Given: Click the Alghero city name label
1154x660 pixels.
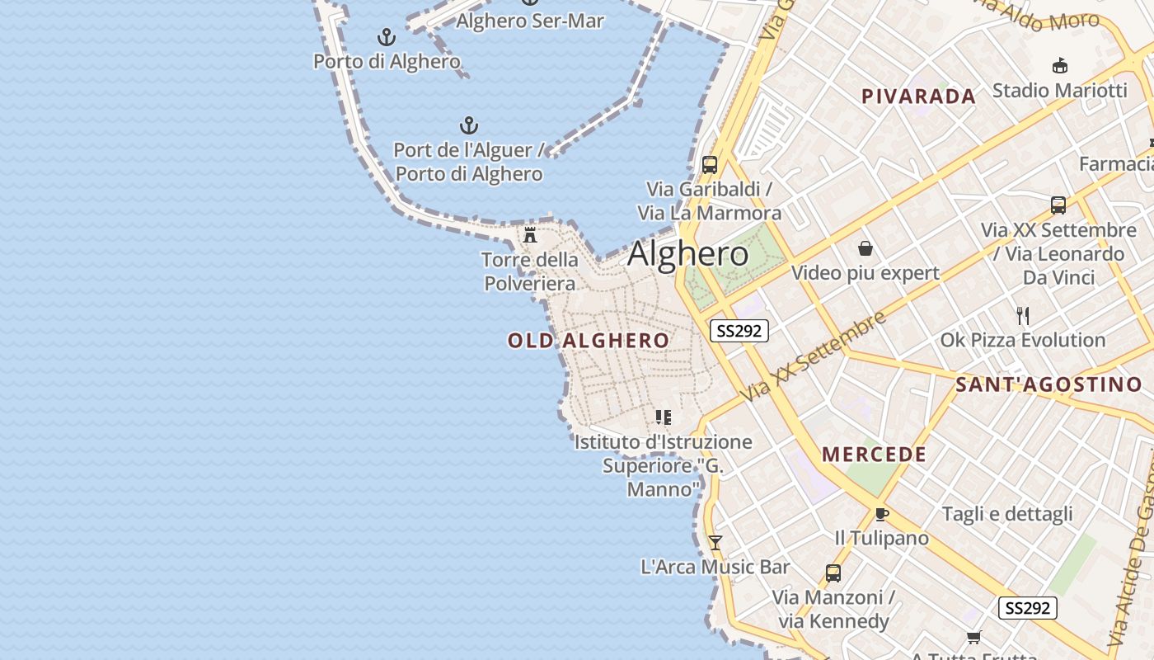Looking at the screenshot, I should point(688,254).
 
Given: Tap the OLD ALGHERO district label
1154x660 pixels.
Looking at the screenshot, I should point(589,341).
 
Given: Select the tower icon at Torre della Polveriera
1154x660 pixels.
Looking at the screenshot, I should point(530,235).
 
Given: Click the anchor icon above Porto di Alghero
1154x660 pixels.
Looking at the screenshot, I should point(387,37).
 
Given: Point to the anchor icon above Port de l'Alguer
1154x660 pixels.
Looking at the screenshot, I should point(469,125).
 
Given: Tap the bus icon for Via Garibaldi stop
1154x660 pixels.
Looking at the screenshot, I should point(710,165).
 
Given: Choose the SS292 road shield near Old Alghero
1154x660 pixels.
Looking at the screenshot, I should point(739,331).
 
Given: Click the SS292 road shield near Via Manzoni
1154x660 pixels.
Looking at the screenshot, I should point(1028,608).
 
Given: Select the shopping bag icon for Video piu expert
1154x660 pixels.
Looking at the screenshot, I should point(865,248).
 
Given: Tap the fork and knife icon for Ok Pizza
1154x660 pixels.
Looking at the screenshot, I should point(1023,315).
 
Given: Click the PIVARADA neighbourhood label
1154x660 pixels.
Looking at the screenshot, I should point(918,97).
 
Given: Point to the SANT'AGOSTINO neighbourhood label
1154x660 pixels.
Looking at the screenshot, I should point(1048,384).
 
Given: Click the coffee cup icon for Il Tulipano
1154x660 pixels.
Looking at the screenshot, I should point(881,515).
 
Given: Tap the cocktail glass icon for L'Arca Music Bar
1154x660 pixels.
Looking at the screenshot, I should point(715,542).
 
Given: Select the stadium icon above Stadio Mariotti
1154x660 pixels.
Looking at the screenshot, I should point(1060,66).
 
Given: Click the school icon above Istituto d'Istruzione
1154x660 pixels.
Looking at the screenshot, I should point(664,417).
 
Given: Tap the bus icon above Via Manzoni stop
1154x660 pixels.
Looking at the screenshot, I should point(833,573).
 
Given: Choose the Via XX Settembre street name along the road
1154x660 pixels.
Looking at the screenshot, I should point(813,356).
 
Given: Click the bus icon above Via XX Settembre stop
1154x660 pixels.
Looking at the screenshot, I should point(1058,205).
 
